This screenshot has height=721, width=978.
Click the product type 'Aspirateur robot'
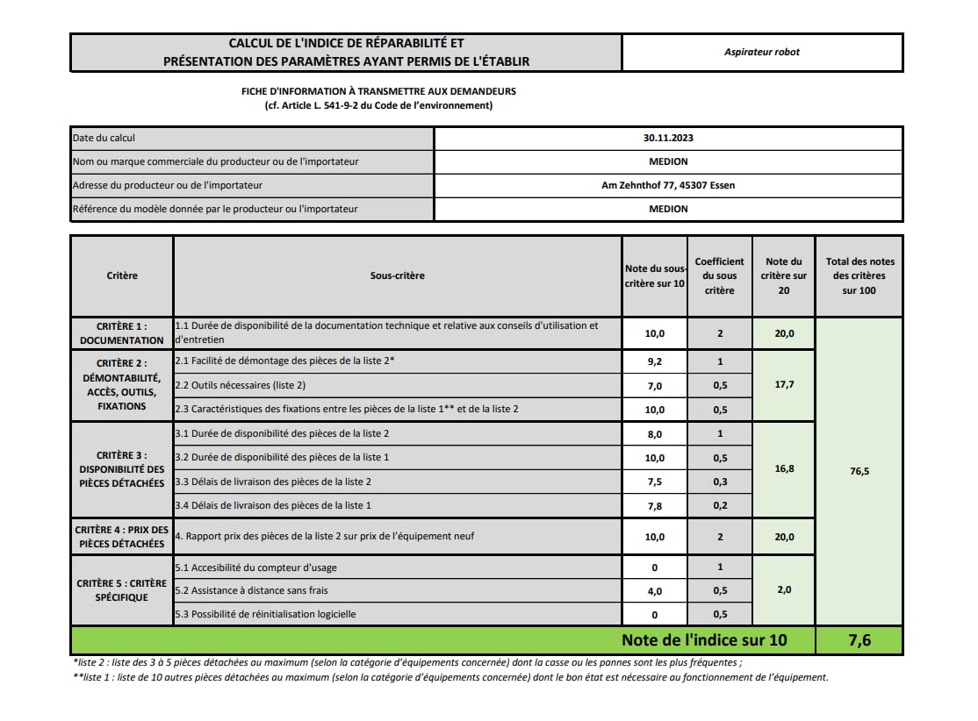pos(762,52)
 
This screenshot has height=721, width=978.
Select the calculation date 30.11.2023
pos(668,138)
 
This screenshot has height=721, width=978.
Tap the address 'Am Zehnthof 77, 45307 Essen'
pos(668,185)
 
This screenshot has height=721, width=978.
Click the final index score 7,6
pos(859,640)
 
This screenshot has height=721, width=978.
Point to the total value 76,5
pos(859,471)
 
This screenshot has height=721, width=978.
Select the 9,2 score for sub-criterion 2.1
pos(655,361)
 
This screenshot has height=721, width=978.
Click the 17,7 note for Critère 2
pos(784,384)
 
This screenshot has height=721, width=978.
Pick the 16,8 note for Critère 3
pos(784,469)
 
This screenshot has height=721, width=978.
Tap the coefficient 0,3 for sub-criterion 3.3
pos(720,482)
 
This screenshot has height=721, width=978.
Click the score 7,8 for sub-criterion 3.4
pos(655,505)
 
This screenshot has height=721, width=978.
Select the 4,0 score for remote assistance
pos(655,590)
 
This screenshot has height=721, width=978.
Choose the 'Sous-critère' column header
pos(397,275)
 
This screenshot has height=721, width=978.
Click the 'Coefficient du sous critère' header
pos(720,275)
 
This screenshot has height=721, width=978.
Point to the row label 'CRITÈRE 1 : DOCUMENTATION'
pos(122,333)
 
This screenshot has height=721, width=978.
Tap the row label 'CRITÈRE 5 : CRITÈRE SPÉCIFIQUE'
pos(122,590)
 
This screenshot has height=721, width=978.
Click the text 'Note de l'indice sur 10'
pos(704,640)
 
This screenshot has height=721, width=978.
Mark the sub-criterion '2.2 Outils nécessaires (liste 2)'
pos(241,385)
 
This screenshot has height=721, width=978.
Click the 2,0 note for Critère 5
pos(784,589)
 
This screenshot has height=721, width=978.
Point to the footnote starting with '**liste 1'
pos(450,677)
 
